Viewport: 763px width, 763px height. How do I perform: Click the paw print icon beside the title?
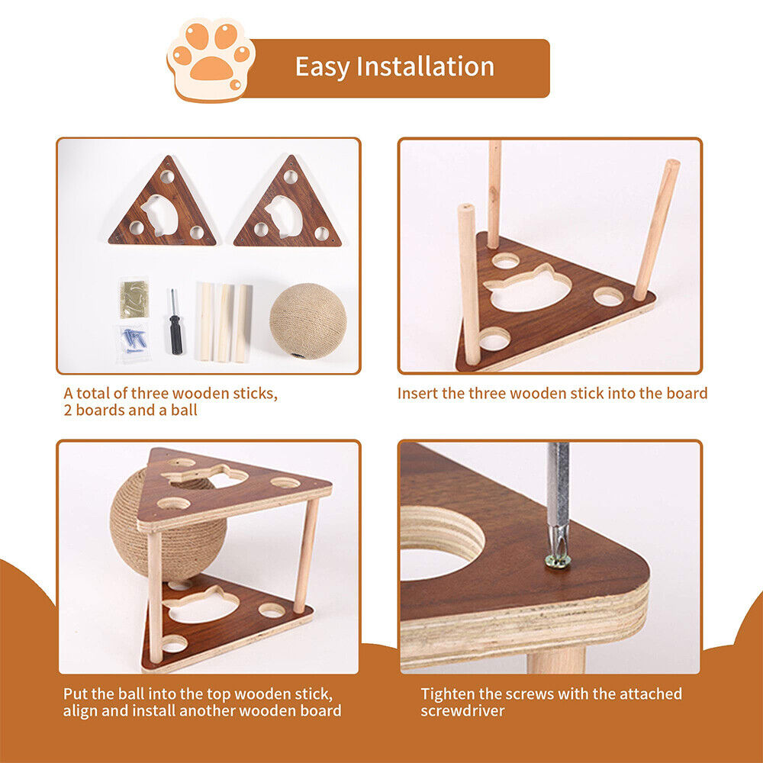tap(211, 60)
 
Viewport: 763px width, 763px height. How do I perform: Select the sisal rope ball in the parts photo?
tap(307, 320)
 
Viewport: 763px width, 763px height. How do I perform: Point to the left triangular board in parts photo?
tap(163, 208)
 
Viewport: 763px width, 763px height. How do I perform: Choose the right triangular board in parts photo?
tap(288, 208)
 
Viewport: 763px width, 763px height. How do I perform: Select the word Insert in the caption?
tap(417, 394)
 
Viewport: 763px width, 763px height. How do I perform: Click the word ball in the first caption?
tap(182, 410)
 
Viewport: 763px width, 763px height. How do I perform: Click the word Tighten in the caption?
tap(449, 694)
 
